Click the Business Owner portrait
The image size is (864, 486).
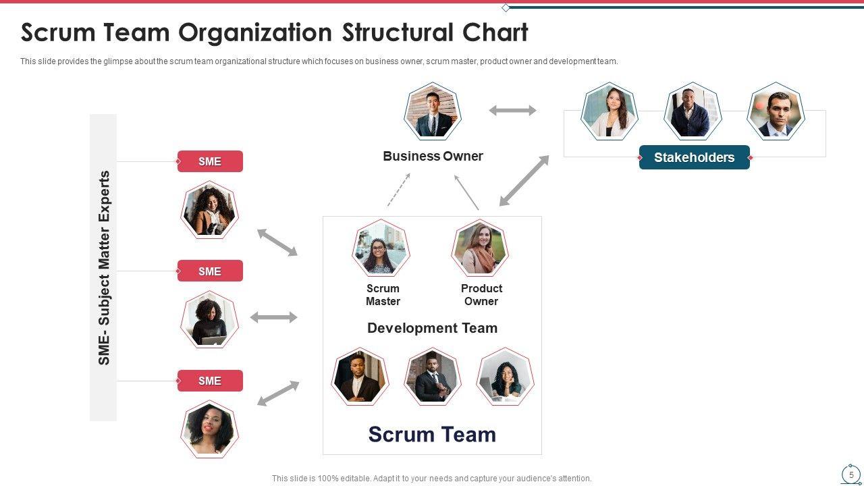[x=432, y=111]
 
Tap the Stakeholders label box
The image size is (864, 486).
[x=694, y=157]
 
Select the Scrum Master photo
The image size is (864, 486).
[x=381, y=248]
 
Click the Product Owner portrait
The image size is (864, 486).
[x=480, y=248]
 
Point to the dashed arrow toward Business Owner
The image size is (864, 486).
[x=399, y=190]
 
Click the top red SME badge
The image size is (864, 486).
[x=210, y=161]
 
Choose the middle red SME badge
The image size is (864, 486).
[x=210, y=271]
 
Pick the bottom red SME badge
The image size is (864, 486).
[x=210, y=381]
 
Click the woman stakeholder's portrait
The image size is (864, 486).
[x=609, y=111]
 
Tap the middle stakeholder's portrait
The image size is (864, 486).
[x=693, y=111]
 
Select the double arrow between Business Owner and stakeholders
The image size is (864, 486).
[x=512, y=110]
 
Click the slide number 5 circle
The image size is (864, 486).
[x=851, y=475]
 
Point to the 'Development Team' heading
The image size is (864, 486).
[x=432, y=328]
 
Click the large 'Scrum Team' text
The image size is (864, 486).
[x=432, y=434]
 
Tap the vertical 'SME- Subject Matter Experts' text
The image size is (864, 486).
[x=104, y=268]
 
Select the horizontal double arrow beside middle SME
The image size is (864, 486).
[x=273, y=317]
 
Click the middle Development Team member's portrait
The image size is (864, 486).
[x=432, y=377]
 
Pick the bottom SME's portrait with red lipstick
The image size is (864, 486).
[x=209, y=429]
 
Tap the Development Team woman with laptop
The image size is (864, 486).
[x=505, y=377]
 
